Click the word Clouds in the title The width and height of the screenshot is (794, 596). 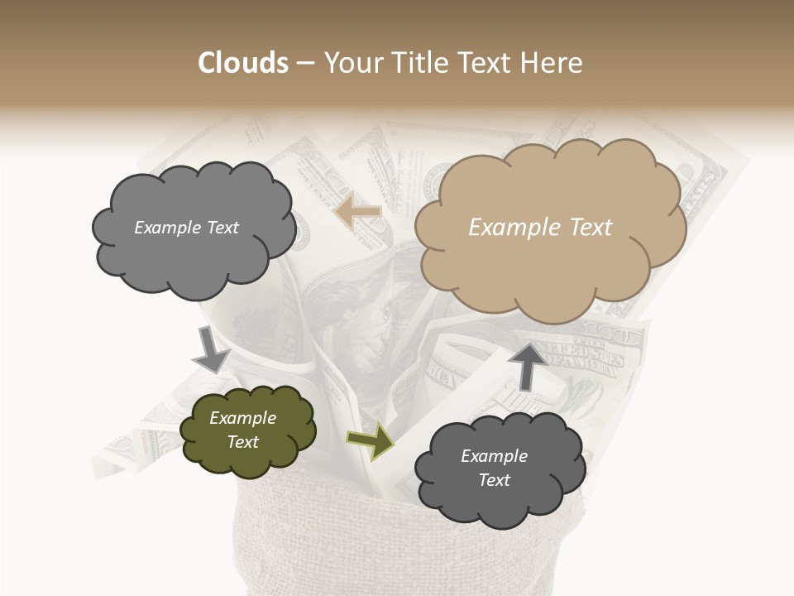pyautogui.click(x=243, y=63)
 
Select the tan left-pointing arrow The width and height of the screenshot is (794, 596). pyautogui.click(x=358, y=212)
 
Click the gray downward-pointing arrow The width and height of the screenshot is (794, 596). pyautogui.click(x=211, y=348)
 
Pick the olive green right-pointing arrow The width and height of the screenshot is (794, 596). pyautogui.click(x=370, y=442)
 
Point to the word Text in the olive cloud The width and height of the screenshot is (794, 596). pyautogui.click(x=243, y=442)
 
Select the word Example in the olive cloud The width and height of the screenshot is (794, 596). pyautogui.click(x=243, y=418)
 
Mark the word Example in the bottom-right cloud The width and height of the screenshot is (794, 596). pyautogui.click(x=494, y=456)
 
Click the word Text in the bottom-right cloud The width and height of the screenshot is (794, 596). pyautogui.click(x=494, y=480)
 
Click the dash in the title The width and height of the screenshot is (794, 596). pyautogui.click(x=304, y=64)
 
